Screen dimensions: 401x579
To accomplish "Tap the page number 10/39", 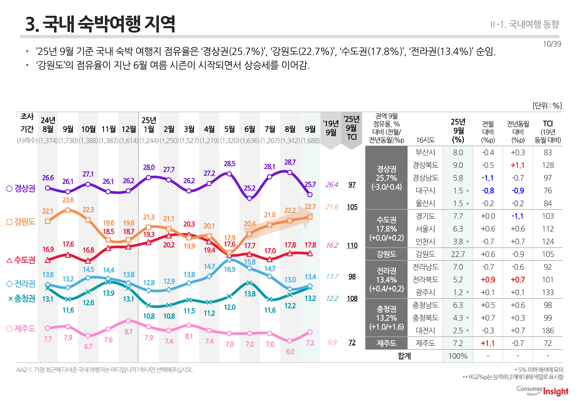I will point(552,44).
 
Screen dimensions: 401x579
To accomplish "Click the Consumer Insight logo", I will point(542,391).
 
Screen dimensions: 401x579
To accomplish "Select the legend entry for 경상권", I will point(21,188).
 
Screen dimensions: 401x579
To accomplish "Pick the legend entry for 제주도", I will point(21,328).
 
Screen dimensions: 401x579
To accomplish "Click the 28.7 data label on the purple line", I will point(290,162).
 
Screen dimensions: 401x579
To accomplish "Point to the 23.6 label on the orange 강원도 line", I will point(68,200).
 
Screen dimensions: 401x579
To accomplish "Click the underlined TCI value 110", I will point(352,245).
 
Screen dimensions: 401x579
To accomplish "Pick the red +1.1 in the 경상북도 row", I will point(517,165).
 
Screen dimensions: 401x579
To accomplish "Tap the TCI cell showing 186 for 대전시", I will point(548,330).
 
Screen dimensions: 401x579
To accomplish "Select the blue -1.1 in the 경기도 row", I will point(517,216).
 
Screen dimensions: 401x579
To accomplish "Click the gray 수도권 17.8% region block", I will point(386,229).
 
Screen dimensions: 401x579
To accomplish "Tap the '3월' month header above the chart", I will point(189,129).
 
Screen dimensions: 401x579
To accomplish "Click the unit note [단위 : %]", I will point(547,106).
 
